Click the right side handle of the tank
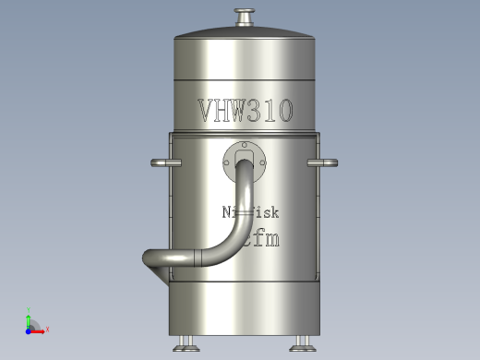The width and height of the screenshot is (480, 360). pos(322,164)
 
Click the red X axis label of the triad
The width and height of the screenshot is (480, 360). pos(46,329)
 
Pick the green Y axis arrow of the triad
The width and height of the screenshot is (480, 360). pos(29,317)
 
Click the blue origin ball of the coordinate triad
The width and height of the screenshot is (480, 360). pos(29,328)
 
